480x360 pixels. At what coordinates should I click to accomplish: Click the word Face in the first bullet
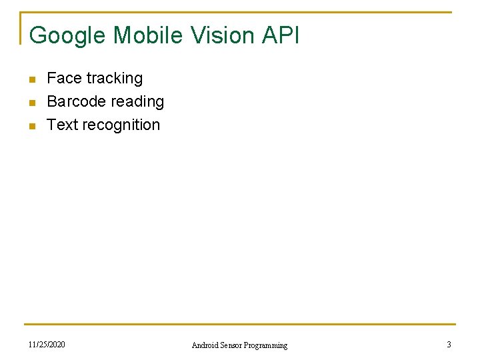(64, 79)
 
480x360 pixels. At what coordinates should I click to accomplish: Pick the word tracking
(114, 79)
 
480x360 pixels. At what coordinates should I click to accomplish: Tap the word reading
(138, 102)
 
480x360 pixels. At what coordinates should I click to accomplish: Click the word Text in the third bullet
(63, 125)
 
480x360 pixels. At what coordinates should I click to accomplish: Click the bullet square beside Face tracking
(31, 80)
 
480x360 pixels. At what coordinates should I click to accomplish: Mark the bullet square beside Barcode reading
(31, 103)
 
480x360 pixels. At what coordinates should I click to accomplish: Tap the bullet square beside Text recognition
(31, 127)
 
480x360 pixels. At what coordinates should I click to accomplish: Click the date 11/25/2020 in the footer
(47, 345)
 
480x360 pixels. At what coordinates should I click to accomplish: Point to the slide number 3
(449, 345)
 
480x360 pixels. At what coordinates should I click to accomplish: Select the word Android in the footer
(205, 345)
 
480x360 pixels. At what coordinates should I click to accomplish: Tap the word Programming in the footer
(266, 345)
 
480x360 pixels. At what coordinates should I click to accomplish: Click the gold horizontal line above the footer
(240, 325)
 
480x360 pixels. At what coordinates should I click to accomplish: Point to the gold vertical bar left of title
(21, 28)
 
